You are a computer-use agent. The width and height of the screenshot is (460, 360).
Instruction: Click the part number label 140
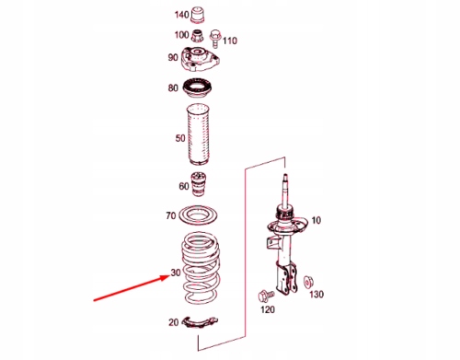(181, 15)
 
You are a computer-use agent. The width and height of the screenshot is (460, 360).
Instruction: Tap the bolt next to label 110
(215, 39)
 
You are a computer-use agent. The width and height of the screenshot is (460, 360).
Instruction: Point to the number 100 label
(181, 35)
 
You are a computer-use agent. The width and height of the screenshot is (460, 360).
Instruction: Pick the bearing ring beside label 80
(197, 87)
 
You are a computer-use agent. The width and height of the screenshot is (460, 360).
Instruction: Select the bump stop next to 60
(199, 184)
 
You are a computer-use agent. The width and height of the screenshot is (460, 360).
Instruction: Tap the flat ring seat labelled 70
(198, 216)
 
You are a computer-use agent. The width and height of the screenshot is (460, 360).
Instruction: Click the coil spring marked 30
(201, 267)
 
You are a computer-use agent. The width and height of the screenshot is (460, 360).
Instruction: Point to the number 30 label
(176, 273)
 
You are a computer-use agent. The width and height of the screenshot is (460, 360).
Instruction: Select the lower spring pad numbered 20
(200, 322)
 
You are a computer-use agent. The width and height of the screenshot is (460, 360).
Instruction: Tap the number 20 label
(173, 322)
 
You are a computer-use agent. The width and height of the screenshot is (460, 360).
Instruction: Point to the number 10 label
(316, 220)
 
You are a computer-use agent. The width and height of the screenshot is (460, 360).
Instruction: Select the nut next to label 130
(307, 282)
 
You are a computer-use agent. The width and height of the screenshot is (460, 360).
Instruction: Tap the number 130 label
(316, 295)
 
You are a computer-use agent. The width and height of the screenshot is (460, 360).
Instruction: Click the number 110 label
(230, 41)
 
